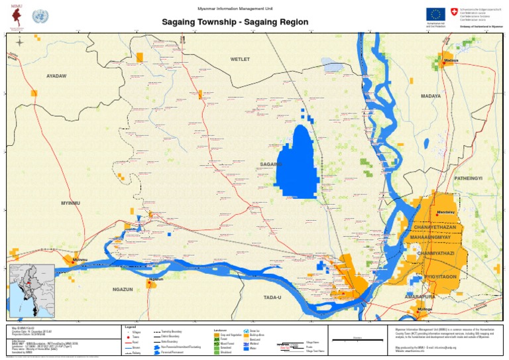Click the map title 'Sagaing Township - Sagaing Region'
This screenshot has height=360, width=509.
point(236,23)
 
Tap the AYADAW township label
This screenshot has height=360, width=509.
point(57,76)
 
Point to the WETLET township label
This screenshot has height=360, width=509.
point(240,60)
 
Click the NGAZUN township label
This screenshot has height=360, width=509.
point(123,290)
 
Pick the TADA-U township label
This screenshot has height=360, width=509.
point(272,297)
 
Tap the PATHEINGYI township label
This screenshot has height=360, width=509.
point(469,179)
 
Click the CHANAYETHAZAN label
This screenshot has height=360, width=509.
point(435,227)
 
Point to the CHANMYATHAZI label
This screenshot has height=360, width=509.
point(435,253)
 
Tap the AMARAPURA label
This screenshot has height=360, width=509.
point(420,297)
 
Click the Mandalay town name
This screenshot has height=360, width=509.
point(447,212)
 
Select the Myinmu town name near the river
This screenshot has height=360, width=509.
point(80,259)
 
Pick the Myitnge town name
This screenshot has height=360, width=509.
point(425,310)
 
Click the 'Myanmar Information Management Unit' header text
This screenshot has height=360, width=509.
point(235,8)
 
